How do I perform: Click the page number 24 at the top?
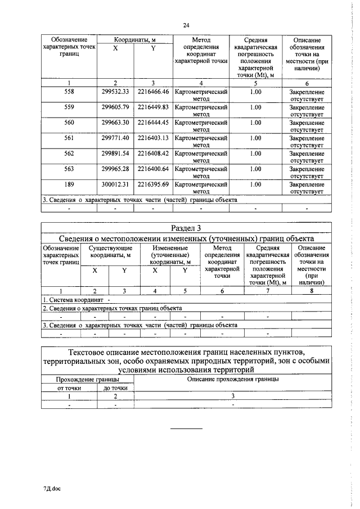(x=186, y=25)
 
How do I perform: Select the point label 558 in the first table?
(x=69, y=91)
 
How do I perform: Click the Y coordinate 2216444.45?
(x=153, y=122)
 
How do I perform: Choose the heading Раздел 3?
(x=186, y=227)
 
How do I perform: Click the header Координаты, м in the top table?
(x=134, y=39)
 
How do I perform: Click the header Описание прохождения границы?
(x=233, y=380)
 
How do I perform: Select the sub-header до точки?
(x=115, y=388)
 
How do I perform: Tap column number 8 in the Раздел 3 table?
(x=311, y=291)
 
